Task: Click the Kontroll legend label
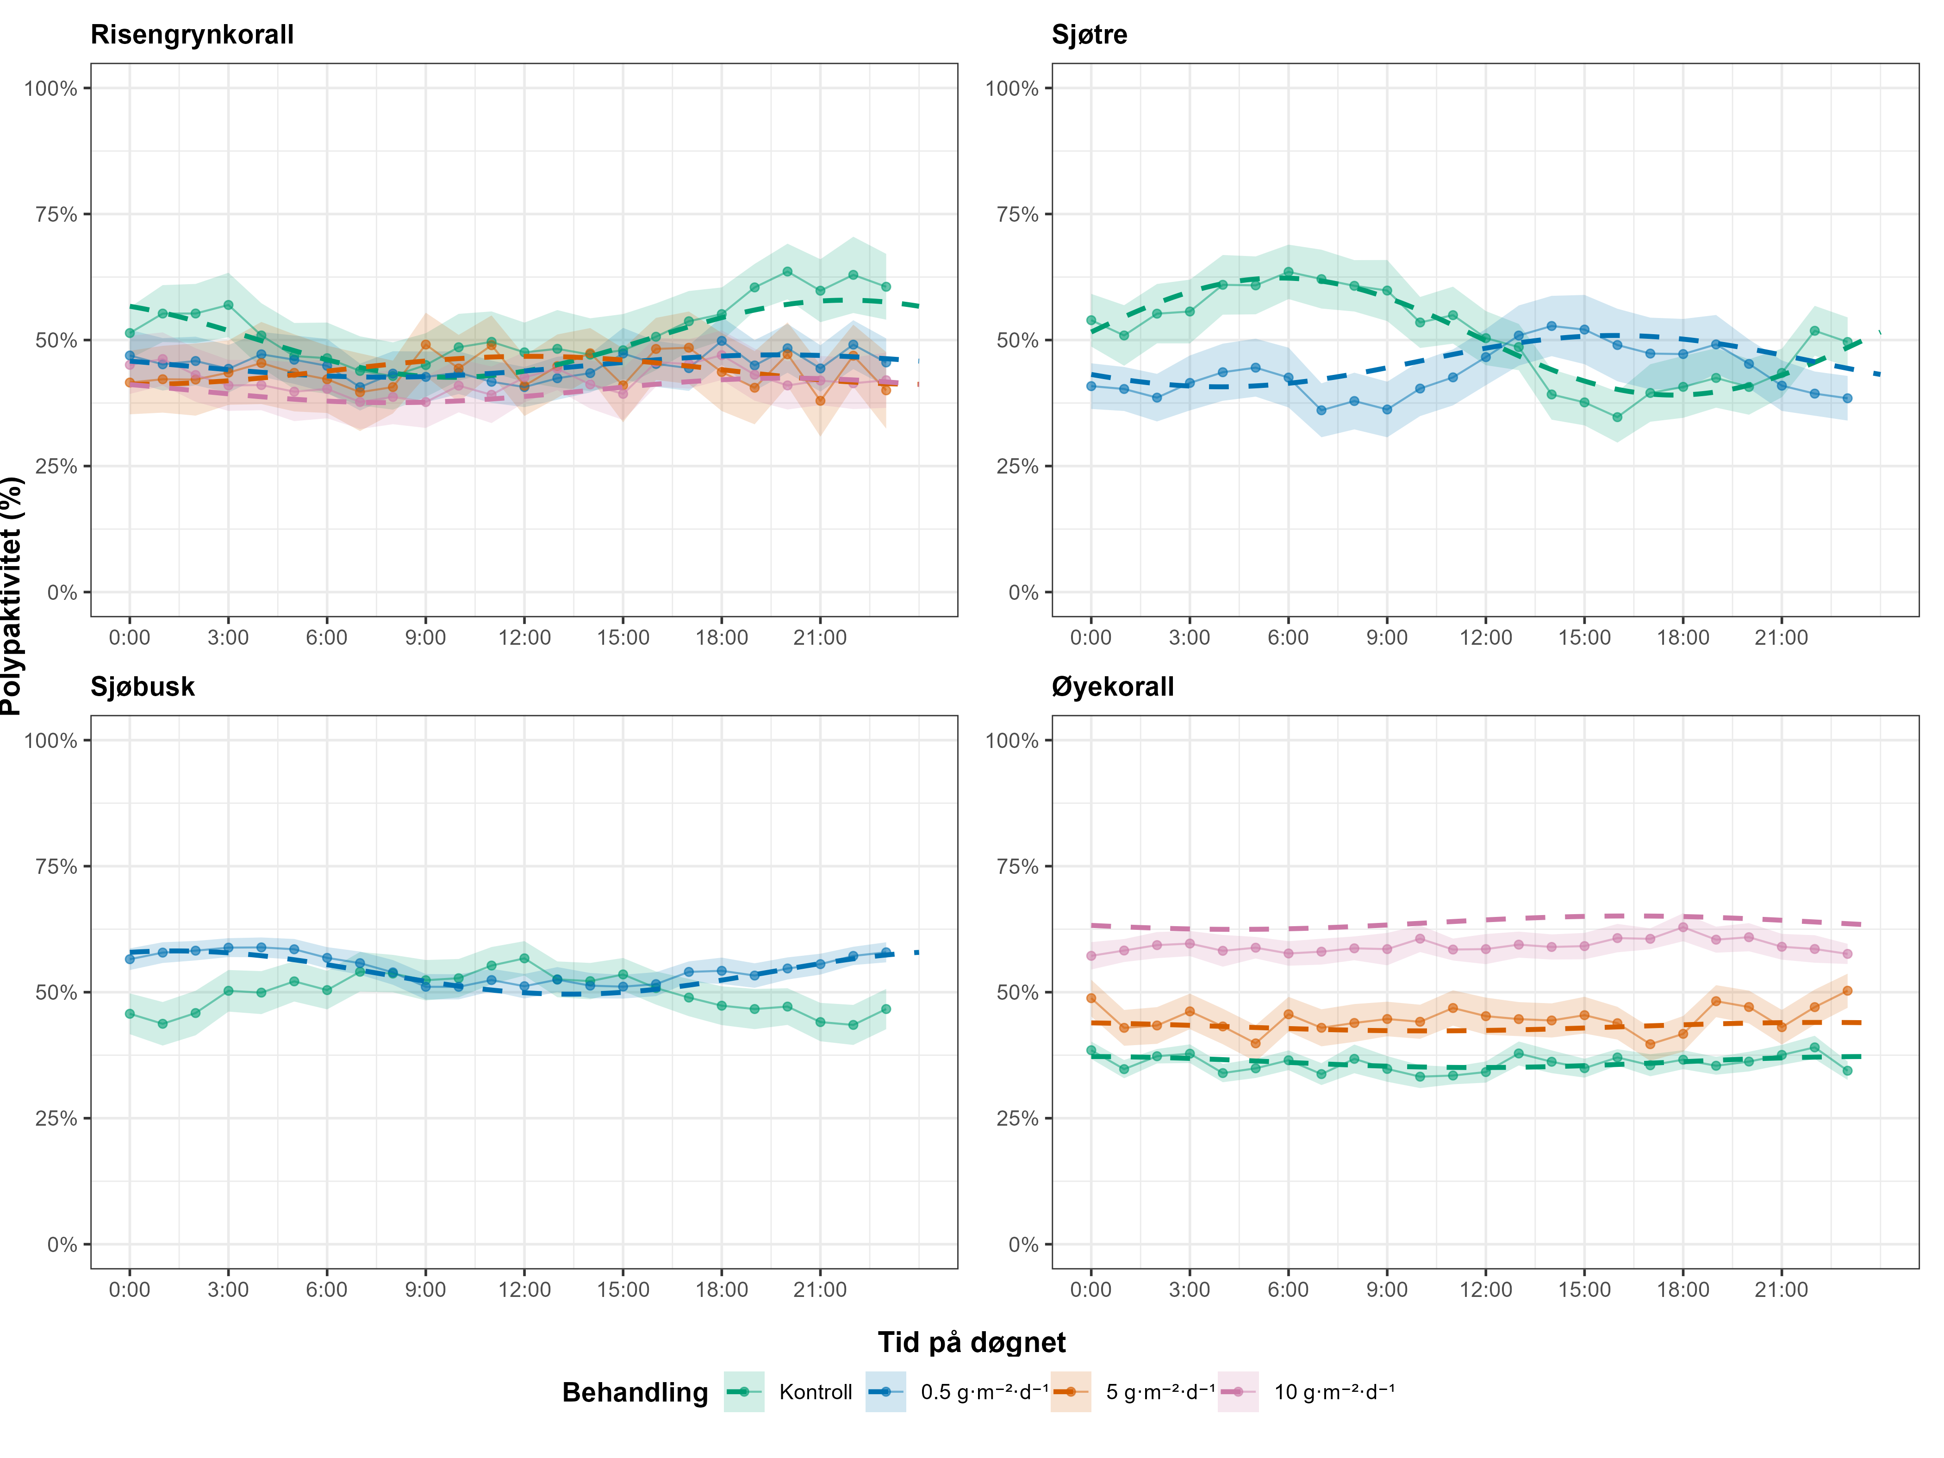point(816,1392)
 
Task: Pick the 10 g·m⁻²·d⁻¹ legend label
point(1334,1392)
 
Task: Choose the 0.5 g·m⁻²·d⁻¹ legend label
point(984,1392)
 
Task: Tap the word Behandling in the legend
point(635,1392)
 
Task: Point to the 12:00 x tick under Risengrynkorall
point(525,638)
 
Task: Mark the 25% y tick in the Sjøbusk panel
point(56,1119)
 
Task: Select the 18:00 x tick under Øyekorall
point(1683,1290)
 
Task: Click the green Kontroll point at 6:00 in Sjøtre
point(1289,273)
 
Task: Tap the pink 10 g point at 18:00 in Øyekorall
point(1683,927)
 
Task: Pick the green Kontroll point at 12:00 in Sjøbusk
point(525,958)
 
